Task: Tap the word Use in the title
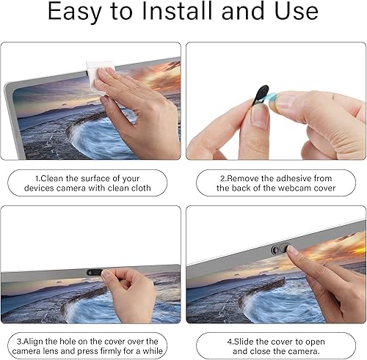294,12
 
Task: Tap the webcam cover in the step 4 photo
278,249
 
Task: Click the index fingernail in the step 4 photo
293,251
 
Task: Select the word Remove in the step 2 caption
246,177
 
